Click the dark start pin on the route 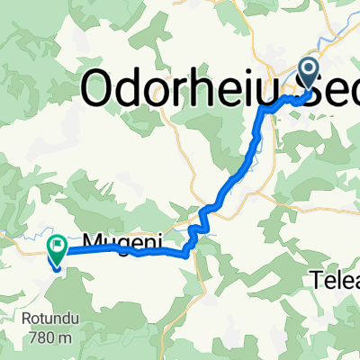309,72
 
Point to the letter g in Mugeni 120,246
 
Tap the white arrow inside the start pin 309,68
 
